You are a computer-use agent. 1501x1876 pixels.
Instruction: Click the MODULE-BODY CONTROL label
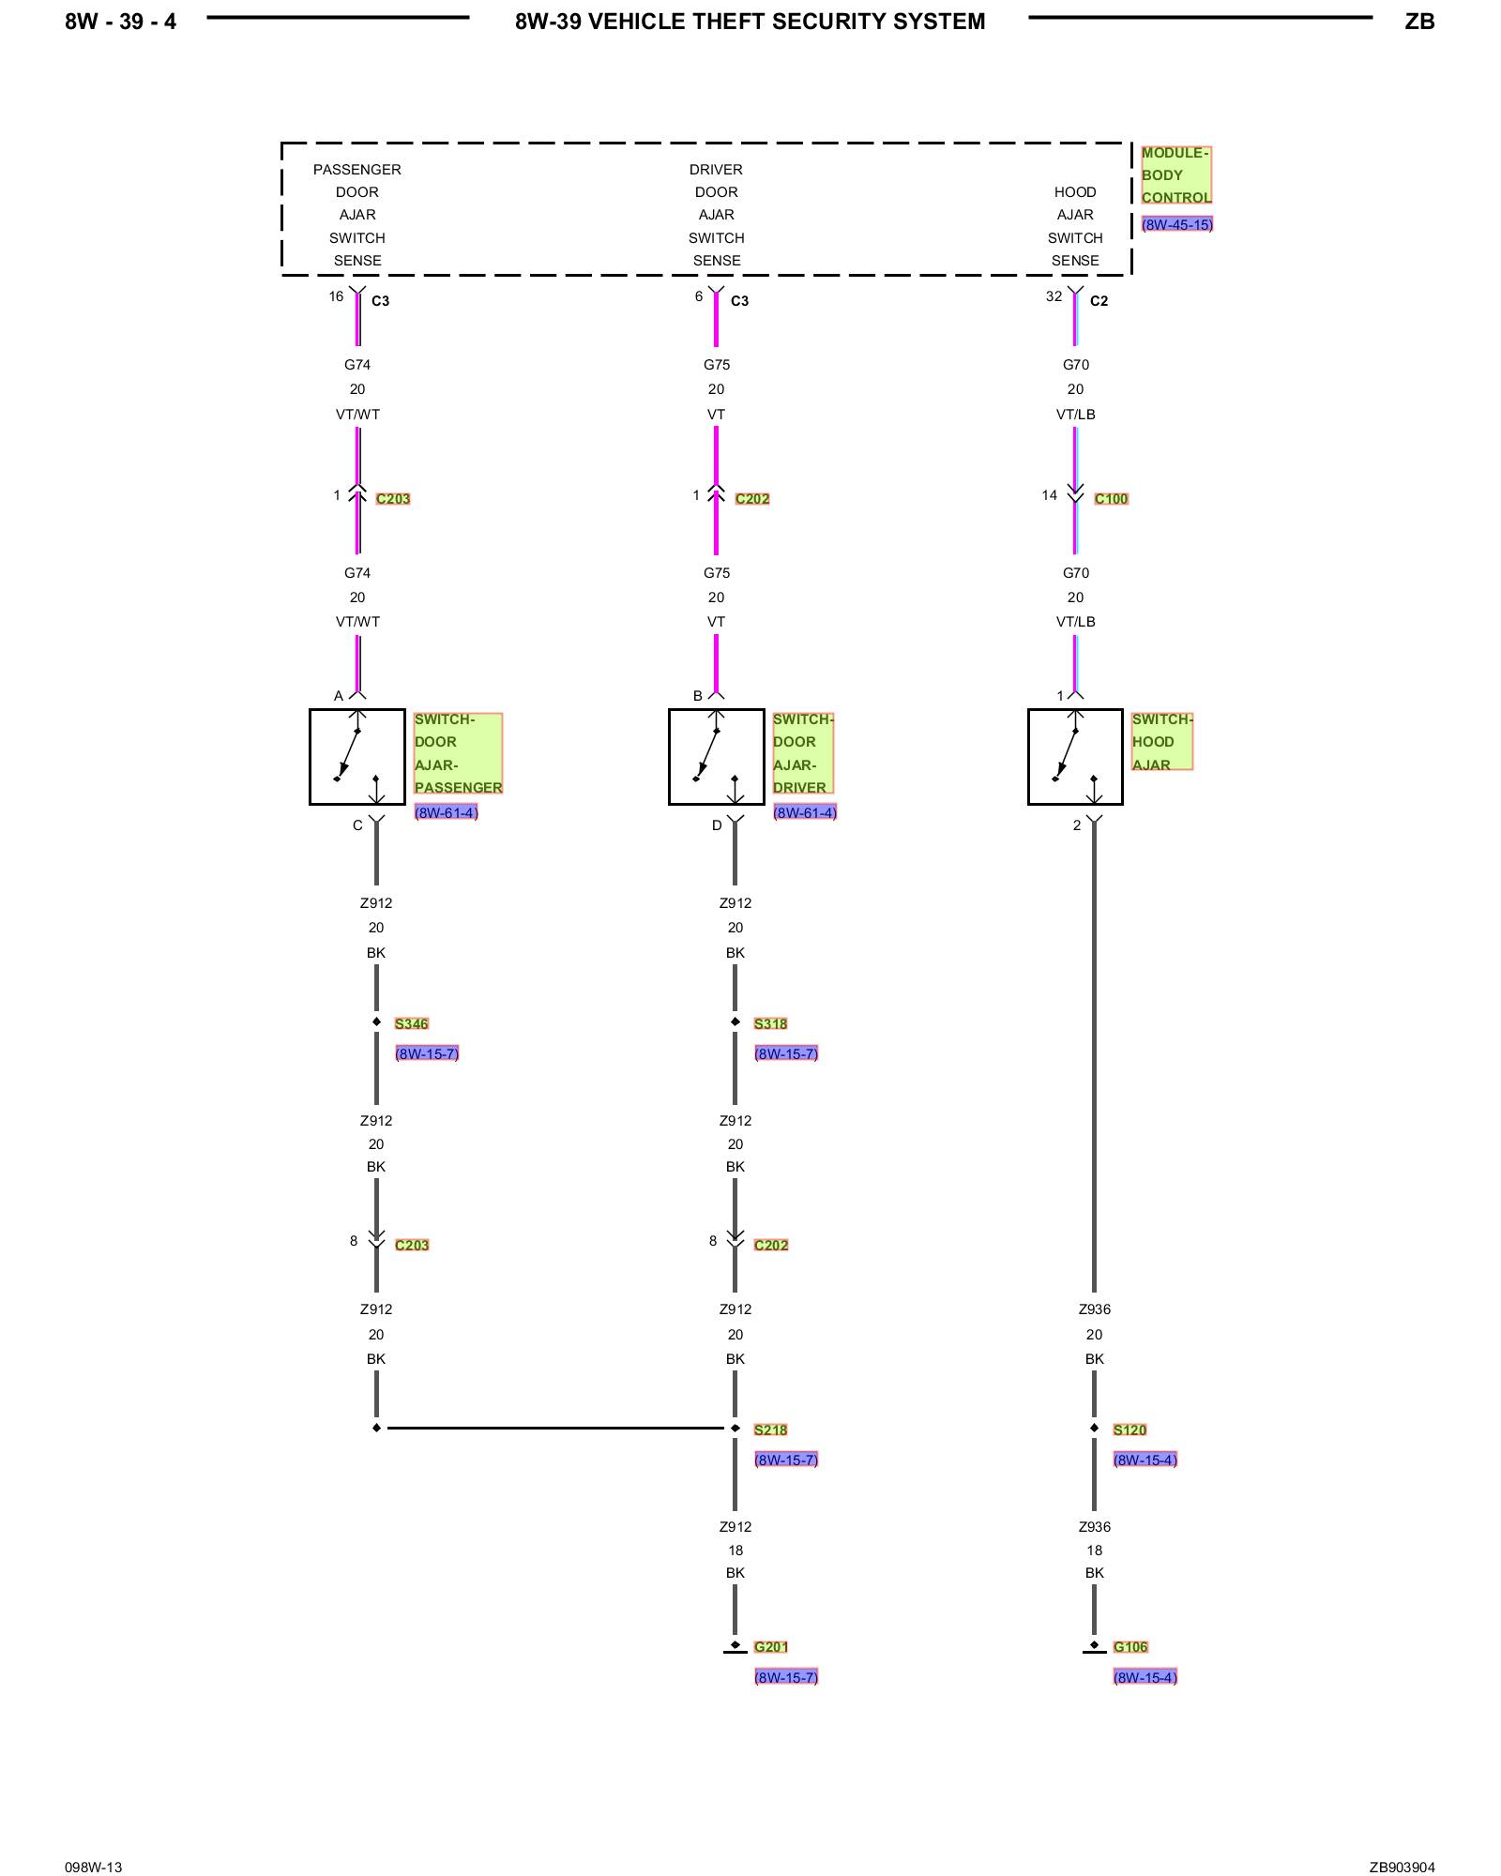[1175, 175]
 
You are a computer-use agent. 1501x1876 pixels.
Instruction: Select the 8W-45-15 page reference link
[1176, 225]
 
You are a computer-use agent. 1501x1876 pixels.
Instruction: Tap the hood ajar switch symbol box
[1075, 757]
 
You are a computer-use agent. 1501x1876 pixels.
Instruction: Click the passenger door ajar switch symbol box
[357, 757]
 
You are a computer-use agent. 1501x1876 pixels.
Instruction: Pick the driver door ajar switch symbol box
[716, 757]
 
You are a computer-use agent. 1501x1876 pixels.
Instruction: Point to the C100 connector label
[1111, 499]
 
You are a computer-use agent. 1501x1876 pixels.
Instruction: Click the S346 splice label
[411, 1024]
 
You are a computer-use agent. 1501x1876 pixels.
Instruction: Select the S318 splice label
[770, 1024]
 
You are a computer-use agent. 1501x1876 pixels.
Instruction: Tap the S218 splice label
[770, 1430]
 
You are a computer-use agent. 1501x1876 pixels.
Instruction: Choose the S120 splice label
[1130, 1430]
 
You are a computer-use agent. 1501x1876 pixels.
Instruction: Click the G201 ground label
[770, 1647]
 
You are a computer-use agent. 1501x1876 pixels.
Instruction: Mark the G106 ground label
[1130, 1647]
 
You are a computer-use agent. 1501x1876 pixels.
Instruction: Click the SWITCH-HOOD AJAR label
[1161, 742]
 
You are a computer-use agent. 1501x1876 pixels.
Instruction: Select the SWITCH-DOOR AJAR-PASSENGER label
[458, 753]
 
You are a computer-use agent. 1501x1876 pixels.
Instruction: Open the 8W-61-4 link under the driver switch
[805, 813]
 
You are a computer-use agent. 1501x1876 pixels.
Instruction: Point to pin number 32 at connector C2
[1054, 297]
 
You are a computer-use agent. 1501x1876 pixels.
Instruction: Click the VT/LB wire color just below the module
[1075, 415]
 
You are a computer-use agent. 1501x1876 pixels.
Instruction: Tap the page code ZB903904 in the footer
[1402, 1868]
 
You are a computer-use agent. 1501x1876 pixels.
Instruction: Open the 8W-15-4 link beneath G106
[1145, 1677]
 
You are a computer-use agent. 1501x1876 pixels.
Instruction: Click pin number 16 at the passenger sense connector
[336, 297]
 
